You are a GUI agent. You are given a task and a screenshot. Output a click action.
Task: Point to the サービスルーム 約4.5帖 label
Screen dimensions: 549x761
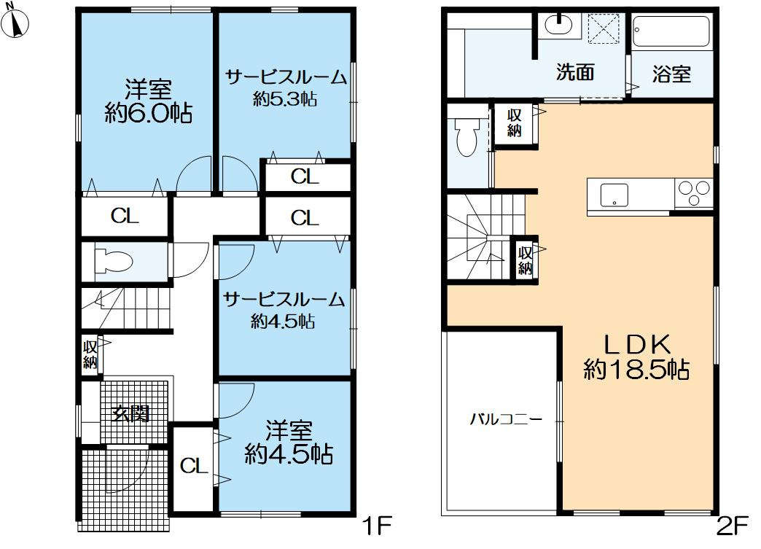(x=284, y=309)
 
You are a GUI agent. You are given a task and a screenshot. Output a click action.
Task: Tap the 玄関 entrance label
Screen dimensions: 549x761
(x=130, y=413)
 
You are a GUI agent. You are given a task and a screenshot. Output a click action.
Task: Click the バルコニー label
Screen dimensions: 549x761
(x=505, y=419)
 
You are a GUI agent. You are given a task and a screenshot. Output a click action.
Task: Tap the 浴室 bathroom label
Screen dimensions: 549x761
(x=671, y=74)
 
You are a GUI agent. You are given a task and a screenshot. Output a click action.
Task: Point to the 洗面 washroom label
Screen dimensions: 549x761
(x=575, y=72)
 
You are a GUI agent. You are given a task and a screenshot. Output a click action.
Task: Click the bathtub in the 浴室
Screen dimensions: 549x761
(x=671, y=32)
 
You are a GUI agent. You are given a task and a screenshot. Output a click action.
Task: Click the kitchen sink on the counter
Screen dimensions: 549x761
(x=614, y=195)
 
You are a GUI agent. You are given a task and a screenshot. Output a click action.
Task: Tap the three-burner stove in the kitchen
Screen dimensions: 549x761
(x=693, y=194)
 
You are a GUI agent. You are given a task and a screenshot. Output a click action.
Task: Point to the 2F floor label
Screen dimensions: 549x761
(x=734, y=524)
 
